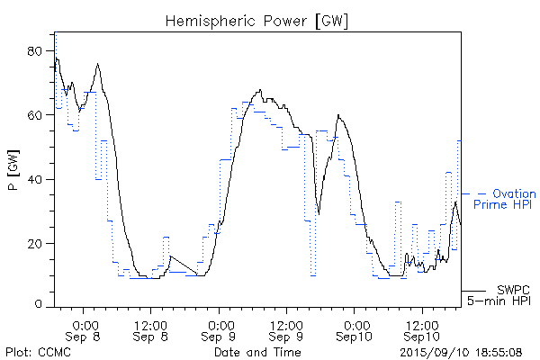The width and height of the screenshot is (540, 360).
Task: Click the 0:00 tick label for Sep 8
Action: click(85, 324)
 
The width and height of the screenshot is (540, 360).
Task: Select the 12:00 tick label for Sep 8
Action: click(150, 324)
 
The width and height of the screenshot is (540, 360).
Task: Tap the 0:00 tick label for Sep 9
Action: click(220, 324)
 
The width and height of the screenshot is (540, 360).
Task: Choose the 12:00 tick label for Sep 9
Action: click(285, 324)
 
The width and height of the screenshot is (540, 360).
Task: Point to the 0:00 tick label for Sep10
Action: click(355, 324)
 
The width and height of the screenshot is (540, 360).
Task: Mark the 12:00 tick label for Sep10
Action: click(420, 324)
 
